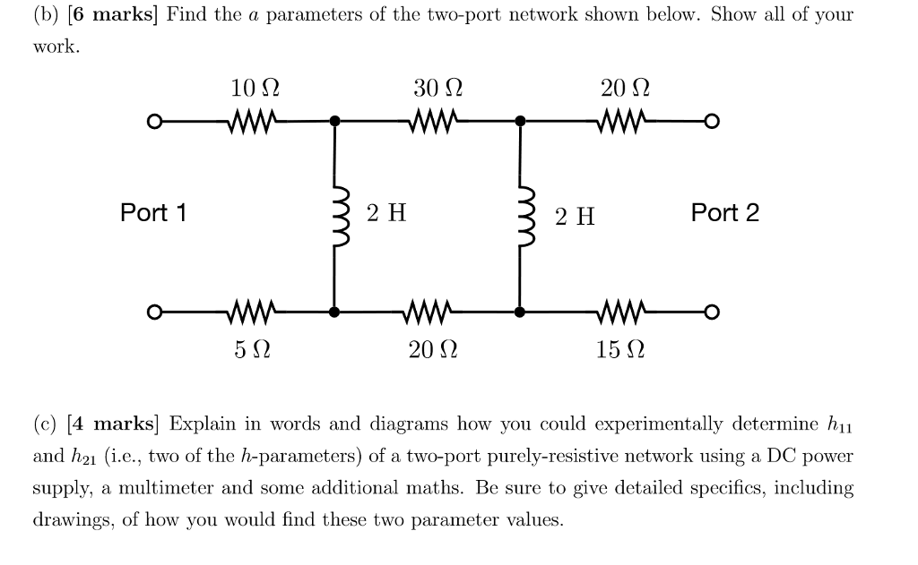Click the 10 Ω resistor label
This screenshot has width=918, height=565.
pyautogui.click(x=255, y=89)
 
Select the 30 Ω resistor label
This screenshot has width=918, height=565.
pyautogui.click(x=438, y=89)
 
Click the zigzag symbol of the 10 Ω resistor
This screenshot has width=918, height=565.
pyautogui.click(x=255, y=120)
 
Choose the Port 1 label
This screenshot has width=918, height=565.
pyautogui.click(x=153, y=213)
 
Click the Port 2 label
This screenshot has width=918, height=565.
pyautogui.click(x=724, y=213)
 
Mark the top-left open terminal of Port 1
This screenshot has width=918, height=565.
pyautogui.click(x=154, y=121)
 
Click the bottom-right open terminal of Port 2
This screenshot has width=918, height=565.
pyautogui.click(x=712, y=312)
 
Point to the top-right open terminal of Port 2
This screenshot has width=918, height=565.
pyautogui.click(x=712, y=121)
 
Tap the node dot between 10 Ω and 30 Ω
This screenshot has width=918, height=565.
pyautogui.click(x=335, y=121)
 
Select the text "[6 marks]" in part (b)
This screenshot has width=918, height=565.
pyautogui.click(x=113, y=15)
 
